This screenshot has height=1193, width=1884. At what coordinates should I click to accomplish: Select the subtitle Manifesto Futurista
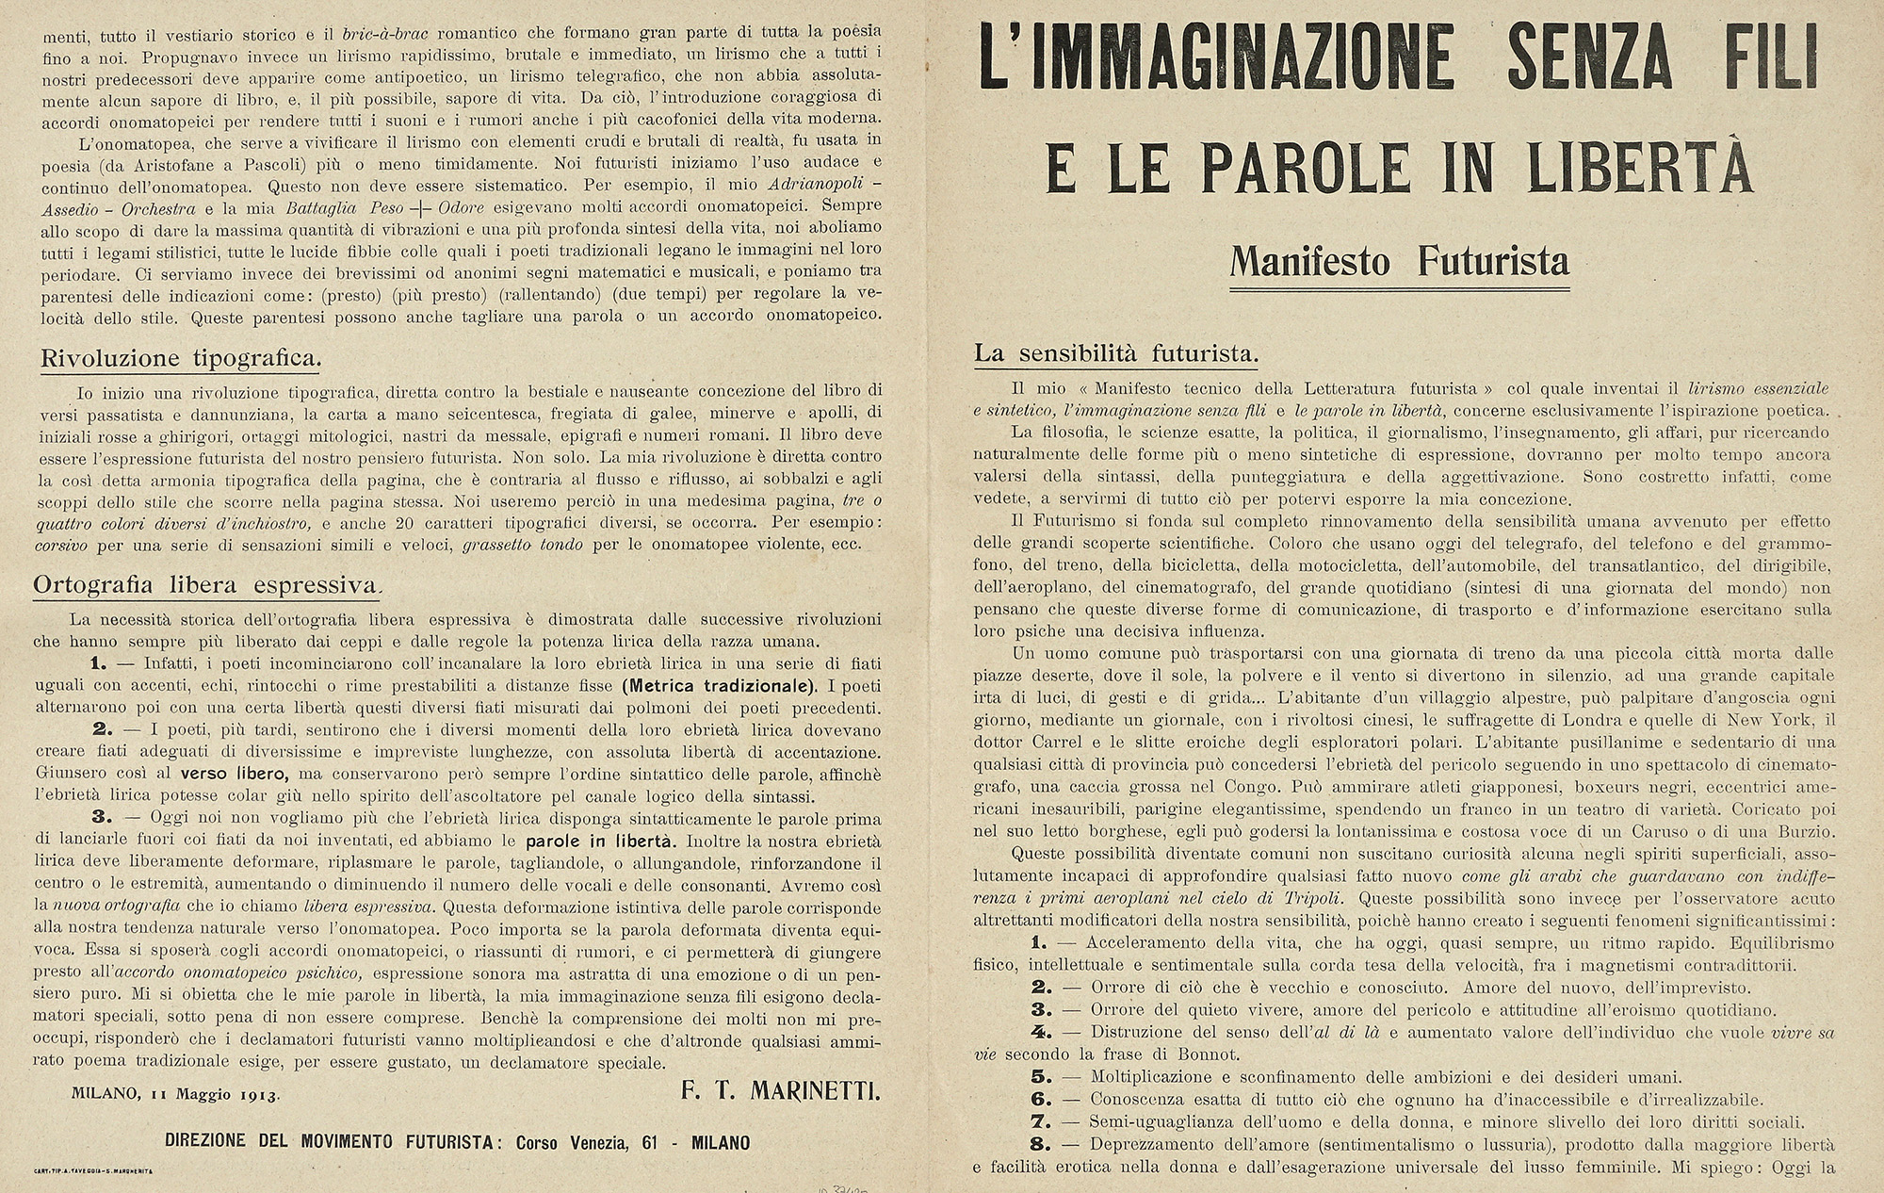pyautogui.click(x=1399, y=260)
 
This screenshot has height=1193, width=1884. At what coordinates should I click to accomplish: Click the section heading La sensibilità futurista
pyautogui.click(x=1116, y=355)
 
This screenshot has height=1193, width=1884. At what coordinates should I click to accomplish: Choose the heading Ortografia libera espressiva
pyautogui.click(x=205, y=585)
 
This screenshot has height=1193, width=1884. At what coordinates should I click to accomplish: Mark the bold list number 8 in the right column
pyautogui.click(x=1040, y=1144)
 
